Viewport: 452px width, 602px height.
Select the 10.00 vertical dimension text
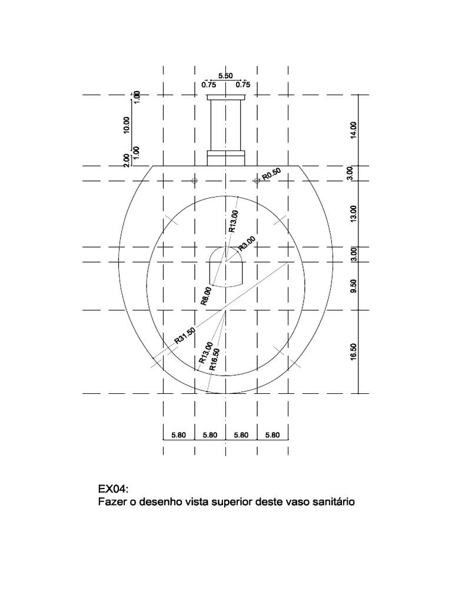click(127, 125)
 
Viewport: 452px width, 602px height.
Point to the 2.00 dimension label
click(127, 160)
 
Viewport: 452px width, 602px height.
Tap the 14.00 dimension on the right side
click(353, 130)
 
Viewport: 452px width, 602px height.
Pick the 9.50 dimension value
click(353, 286)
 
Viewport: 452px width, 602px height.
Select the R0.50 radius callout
click(272, 174)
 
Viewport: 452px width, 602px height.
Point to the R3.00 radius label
click(247, 242)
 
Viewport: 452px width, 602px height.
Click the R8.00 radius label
click(206, 296)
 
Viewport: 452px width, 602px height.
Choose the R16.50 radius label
click(215, 359)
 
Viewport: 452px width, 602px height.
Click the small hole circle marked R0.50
click(257, 180)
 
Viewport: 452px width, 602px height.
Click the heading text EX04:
click(113, 490)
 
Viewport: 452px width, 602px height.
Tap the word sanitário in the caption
click(333, 503)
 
